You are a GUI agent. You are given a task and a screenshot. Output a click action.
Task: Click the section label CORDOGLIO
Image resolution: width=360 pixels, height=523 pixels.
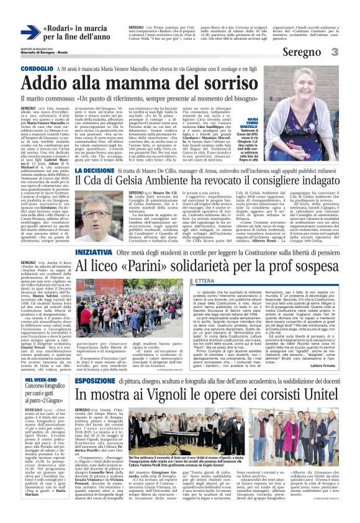pyautogui.click(x=37, y=68)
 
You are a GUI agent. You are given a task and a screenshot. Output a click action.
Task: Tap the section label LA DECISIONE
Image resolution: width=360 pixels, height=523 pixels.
pyautogui.click(x=96, y=169)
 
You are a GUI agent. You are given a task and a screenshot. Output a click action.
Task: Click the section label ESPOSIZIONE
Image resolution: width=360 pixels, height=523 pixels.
pyautogui.click(x=94, y=380)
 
